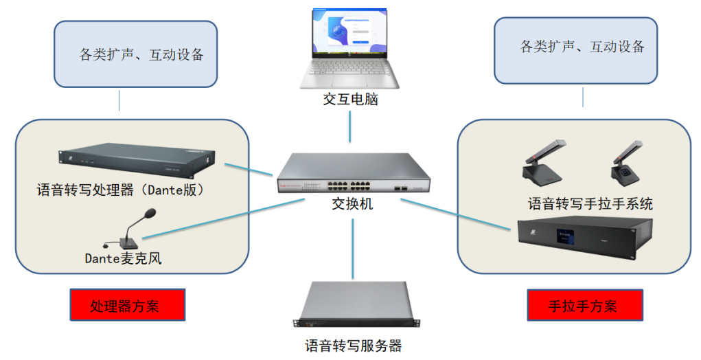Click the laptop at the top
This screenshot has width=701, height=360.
pyautogui.click(x=349, y=48)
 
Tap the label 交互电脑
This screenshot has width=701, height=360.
pyautogui.click(x=350, y=100)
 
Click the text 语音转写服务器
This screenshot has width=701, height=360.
pyautogui.click(x=353, y=345)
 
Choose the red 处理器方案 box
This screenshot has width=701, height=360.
pyautogui.click(x=128, y=305)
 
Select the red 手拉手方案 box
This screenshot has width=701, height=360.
pyautogui.click(x=584, y=305)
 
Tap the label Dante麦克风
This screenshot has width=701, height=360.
pyautogui.click(x=123, y=258)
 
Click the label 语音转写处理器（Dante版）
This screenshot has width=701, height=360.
pyautogui.click(x=121, y=190)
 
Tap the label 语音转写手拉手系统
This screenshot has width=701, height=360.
pyautogui.click(x=590, y=203)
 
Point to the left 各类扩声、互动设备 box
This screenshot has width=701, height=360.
pyautogui.click(x=135, y=54)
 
